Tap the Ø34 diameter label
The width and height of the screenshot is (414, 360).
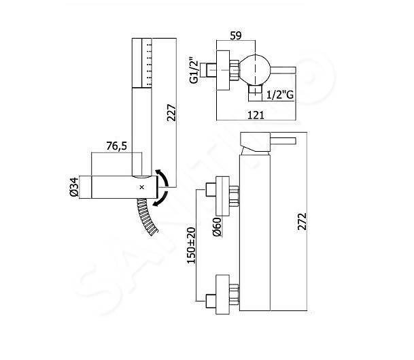click(84, 186)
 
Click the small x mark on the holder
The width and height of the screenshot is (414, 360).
click(141, 186)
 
